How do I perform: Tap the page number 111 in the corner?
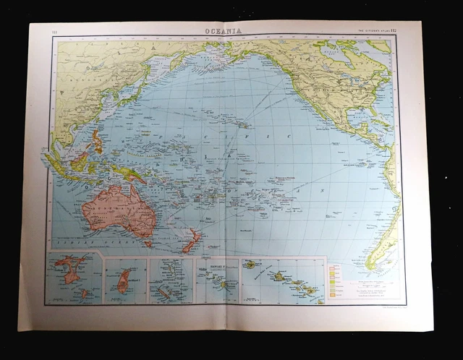(x=55, y=31)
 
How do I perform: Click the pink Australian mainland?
(x=116, y=210)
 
